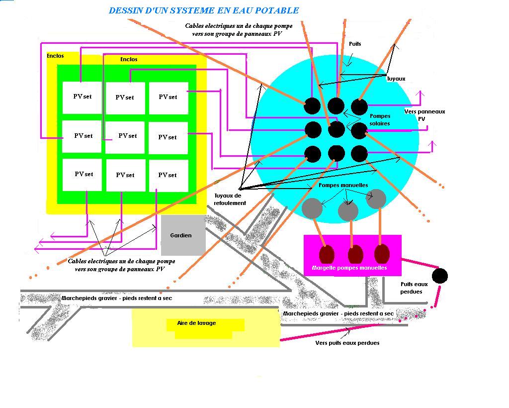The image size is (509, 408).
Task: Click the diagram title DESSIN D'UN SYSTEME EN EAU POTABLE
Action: coord(204,11)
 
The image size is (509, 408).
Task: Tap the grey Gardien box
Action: coord(183,235)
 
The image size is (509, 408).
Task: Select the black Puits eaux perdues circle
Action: coord(440,276)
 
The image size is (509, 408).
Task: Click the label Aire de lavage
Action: coord(196,323)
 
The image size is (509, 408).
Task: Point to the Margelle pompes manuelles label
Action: coord(349,268)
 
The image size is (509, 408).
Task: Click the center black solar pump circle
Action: coord(337,129)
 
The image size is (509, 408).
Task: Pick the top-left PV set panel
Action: coord(82,98)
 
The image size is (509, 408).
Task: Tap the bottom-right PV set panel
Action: coord(169,176)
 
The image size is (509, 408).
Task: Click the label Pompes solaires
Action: coord(380,119)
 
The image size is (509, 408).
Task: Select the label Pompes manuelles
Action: coord(343,185)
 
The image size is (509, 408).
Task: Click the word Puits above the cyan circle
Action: coord(355,44)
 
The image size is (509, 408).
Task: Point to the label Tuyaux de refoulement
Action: coord(230,199)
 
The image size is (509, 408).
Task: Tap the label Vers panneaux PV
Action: coord(424,115)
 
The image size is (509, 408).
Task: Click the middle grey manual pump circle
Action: coord(348,211)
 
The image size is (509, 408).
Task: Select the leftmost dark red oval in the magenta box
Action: coord(327,254)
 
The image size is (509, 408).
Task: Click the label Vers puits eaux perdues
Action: coord(347,343)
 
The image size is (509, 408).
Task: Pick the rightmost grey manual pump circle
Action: coord(376,199)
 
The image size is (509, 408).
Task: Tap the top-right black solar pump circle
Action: coord(359,107)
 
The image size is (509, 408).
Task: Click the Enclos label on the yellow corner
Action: coord(55,56)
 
